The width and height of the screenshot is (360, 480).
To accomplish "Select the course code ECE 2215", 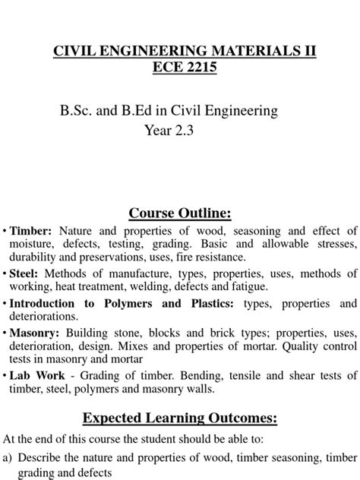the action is (x=180, y=68).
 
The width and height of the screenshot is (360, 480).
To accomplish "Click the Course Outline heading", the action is (x=180, y=212).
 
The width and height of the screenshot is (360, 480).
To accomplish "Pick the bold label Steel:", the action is (x=27, y=273).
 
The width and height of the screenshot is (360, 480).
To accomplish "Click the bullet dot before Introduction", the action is (x=5, y=304).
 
